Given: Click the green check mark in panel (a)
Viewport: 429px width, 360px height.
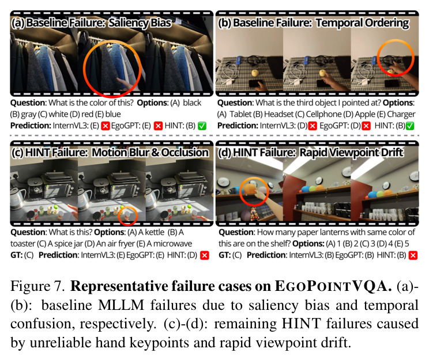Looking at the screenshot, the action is [202, 126].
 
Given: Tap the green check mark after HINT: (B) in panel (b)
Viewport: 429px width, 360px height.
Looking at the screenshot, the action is [410, 126].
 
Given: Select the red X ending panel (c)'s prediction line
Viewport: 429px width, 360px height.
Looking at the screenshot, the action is [204, 255].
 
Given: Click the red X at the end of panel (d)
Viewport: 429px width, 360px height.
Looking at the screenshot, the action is [413, 255].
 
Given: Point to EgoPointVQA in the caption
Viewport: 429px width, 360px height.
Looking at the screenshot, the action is [333, 286].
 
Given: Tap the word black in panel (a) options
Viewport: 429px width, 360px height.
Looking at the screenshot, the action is [192, 103].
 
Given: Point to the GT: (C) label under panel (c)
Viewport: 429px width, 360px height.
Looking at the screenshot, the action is [22, 255].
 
